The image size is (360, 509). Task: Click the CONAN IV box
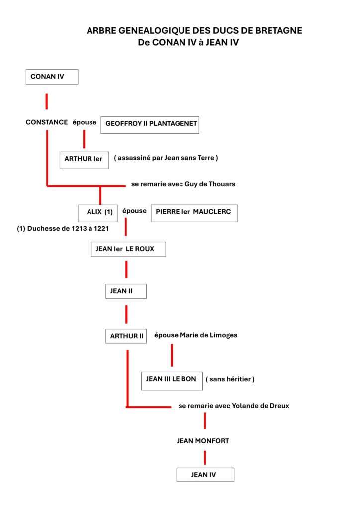point(52,77)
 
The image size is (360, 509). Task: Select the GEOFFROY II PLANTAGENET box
point(150,125)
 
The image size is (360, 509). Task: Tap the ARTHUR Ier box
point(85,160)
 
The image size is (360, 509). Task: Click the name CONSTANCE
point(47,122)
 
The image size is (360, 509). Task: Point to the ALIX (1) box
point(98,213)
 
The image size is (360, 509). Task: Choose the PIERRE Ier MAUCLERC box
point(194,213)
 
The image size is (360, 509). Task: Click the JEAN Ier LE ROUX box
point(129,250)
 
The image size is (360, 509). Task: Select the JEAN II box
point(126,291)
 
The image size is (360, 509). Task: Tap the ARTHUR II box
point(126,336)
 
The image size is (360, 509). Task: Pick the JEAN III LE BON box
point(172,381)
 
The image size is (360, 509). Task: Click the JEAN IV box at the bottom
point(205,475)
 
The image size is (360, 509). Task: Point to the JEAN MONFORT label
point(203,441)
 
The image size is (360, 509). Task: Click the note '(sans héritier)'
point(230,379)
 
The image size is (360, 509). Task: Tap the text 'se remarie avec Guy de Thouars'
point(183,184)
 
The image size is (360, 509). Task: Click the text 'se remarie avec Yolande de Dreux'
point(234,406)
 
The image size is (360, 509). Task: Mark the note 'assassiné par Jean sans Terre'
point(166,158)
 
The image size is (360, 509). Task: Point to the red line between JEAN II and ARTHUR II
point(126,314)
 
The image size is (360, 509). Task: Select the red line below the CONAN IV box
point(47,101)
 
